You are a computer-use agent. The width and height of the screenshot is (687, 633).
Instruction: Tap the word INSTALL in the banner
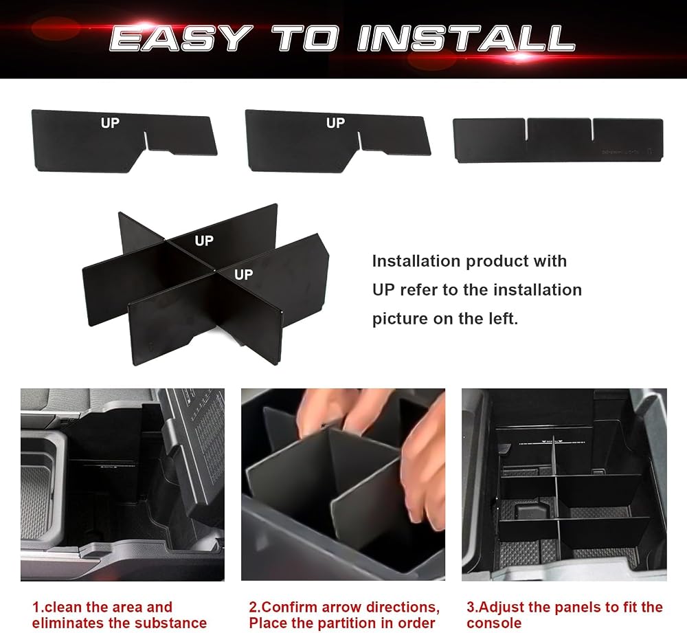466,38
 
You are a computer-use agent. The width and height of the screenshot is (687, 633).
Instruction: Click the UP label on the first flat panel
110,123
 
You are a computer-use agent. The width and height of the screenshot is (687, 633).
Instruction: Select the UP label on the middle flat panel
335,123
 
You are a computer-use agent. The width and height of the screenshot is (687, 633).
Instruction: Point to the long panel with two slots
558,140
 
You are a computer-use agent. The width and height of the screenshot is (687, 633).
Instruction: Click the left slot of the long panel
526,129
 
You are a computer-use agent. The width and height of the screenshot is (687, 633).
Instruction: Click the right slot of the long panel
592,129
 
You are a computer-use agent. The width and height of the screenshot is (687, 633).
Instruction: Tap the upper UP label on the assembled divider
204,241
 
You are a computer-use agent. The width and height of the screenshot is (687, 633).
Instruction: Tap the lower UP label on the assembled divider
244,275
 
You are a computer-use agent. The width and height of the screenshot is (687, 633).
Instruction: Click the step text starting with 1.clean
119,615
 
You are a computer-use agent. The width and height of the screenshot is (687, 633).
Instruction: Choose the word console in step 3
494,623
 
